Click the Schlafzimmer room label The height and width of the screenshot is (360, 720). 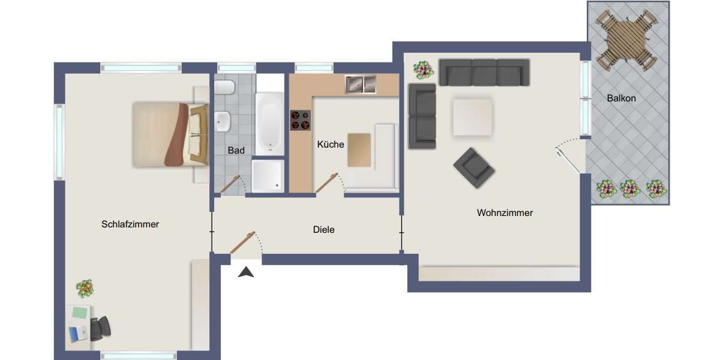click(130, 224)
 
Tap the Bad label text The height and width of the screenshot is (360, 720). click(236, 151)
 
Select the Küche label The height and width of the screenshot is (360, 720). click(331, 145)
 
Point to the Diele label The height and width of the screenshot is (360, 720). click(323, 230)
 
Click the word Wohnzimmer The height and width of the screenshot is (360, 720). click(505, 213)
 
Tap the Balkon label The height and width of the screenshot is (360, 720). click(621, 98)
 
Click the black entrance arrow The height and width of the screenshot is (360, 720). click(246, 272)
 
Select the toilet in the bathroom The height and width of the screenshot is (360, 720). click(224, 88)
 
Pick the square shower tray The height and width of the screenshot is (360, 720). click(268, 175)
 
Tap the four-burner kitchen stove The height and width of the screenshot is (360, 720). click(301, 121)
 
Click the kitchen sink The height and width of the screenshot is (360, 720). click(360, 85)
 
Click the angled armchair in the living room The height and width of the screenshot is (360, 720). click(474, 167)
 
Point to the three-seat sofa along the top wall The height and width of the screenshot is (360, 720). click(484, 72)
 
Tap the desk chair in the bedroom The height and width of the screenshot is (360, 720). click(100, 328)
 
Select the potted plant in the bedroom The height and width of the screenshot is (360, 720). click(85, 289)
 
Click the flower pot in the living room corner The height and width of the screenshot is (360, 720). click(424, 70)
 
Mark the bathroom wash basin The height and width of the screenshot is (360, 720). click(223, 123)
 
